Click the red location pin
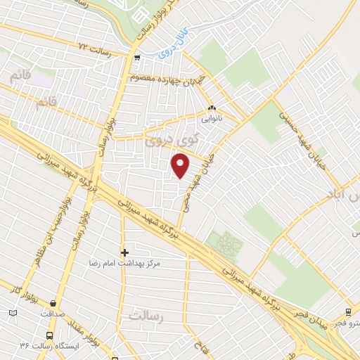click(181, 167)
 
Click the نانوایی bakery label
click(212, 120)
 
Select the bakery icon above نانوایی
click(212, 109)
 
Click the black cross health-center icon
click(124, 252)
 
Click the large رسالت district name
click(146, 317)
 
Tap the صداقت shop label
click(53, 314)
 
